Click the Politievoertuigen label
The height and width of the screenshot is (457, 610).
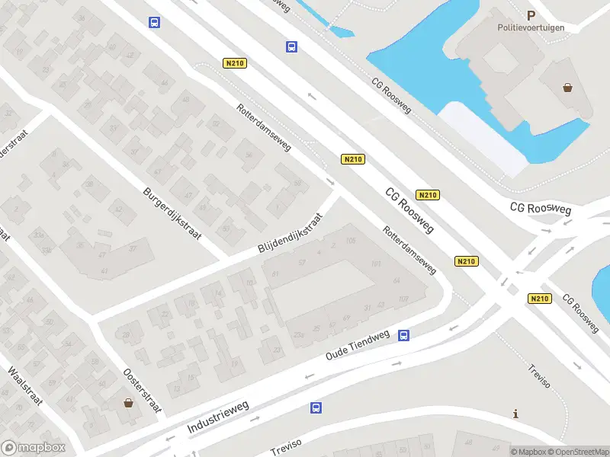coord(532,27)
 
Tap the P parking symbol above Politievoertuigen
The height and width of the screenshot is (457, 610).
coord(531,14)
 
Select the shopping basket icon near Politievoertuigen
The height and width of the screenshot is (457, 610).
coord(568,87)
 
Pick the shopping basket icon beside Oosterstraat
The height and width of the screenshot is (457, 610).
coord(128,402)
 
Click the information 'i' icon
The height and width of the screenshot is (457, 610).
coord(517,414)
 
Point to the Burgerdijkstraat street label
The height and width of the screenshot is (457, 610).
coord(172,214)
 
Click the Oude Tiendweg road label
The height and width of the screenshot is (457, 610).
coord(358,346)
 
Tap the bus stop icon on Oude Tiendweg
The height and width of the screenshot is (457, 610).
coord(404,334)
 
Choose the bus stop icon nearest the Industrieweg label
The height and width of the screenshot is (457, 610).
coord(316,408)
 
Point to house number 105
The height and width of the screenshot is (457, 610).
coord(351,241)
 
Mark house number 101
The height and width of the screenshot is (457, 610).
coord(375,264)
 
